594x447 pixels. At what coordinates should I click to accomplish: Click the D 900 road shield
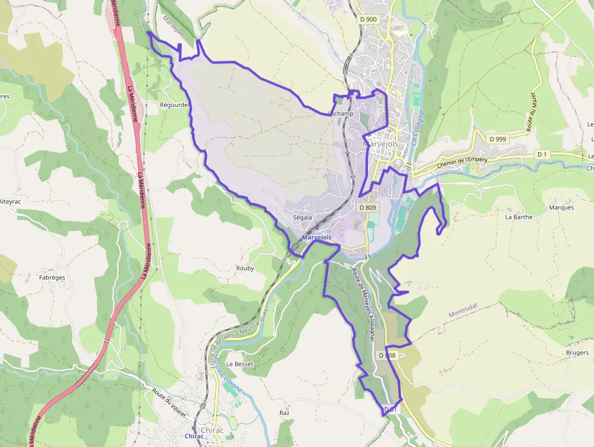point(368,19)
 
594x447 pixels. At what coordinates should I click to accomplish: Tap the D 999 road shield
point(497,139)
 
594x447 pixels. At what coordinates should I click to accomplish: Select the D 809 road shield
point(368,207)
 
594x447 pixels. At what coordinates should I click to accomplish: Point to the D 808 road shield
point(387,355)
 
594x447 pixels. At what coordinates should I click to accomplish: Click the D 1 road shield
point(542,155)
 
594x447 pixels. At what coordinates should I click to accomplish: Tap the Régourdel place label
point(174,105)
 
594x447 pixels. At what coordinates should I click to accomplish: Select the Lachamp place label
point(340,114)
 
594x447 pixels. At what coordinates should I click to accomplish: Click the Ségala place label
point(302,217)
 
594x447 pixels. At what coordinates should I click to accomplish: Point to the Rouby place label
point(245,267)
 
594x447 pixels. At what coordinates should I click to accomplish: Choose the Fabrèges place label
point(52,277)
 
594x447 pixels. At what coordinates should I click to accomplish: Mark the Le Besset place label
point(239,364)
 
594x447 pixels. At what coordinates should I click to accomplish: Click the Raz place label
point(284,412)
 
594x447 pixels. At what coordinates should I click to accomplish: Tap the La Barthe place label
point(518,217)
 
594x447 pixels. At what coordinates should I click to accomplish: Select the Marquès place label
point(561,207)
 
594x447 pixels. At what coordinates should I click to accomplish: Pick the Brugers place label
point(576,352)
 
